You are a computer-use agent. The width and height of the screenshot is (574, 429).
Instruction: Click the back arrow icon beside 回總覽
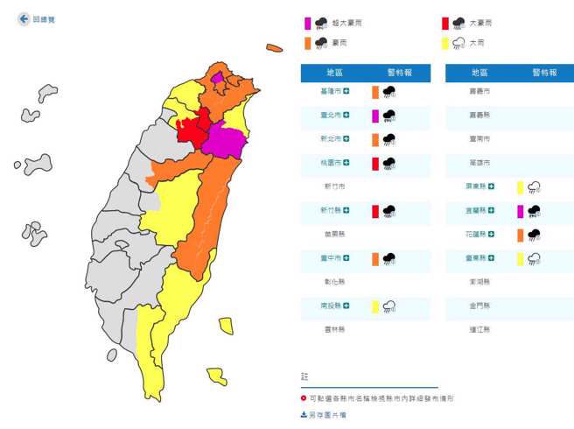pos(24,18)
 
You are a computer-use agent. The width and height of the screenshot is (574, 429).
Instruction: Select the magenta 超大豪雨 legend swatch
pos(308,24)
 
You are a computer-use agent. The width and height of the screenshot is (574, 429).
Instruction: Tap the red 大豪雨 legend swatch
pos(445,24)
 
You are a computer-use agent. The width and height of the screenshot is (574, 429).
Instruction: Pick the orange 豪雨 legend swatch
pos(308,42)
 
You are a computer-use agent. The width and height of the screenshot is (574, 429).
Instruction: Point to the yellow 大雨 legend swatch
pos(445,42)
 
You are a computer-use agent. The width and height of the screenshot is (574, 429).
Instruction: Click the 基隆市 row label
pos(332,90)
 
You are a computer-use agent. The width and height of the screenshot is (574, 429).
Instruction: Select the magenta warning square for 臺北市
pos(375,115)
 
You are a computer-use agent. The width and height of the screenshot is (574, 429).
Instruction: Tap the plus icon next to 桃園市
pos(347,162)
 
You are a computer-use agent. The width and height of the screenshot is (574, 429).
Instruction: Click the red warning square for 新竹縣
pos(375,210)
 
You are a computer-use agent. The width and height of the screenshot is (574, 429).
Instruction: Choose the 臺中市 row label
pos(332,257)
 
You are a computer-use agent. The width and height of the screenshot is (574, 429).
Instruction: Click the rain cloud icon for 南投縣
pos(389,306)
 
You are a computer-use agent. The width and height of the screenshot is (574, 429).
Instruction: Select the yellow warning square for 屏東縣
pos(520,186)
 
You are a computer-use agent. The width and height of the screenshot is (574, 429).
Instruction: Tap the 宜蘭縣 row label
pos(478,210)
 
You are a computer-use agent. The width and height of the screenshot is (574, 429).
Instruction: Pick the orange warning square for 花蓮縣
pos(520,234)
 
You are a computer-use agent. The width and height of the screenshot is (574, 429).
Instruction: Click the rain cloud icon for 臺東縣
pos(534,257)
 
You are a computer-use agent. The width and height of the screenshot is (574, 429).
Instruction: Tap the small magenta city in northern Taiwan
pos(217,79)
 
